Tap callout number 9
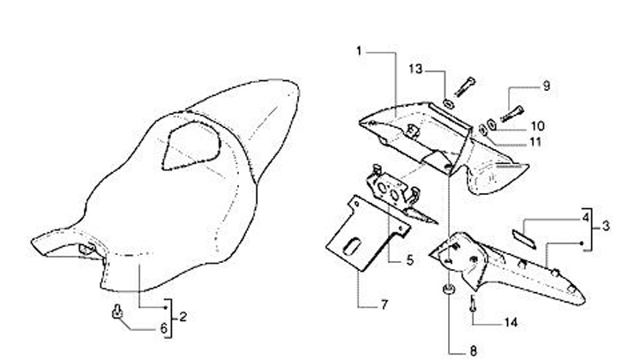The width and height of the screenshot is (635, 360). click(x=546, y=86)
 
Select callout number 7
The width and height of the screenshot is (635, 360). click(x=385, y=305)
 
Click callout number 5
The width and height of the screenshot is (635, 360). click(x=409, y=260)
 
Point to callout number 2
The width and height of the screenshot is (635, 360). click(x=183, y=315)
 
